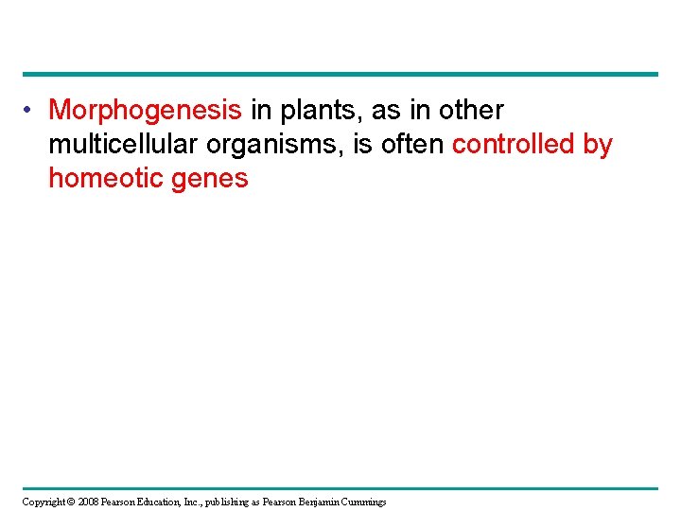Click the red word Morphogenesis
click(145, 111)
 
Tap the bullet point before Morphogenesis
click(30, 111)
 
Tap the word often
click(411, 145)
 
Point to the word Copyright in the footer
click(44, 502)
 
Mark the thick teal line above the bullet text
click(340, 74)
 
